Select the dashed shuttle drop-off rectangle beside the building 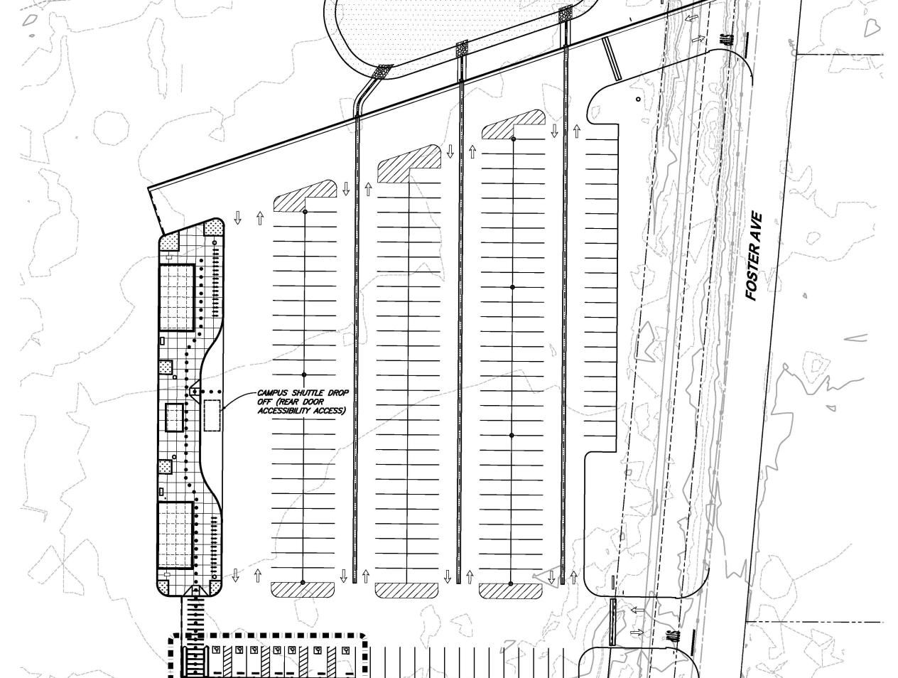tap(212, 415)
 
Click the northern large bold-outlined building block tap(175, 298)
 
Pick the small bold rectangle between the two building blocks tap(175, 417)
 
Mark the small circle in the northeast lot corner tap(638, 99)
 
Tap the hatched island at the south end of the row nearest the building tap(303, 590)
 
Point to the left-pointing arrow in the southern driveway tap(638, 610)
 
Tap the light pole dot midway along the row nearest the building tap(305, 375)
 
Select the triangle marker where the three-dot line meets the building tap(193, 390)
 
